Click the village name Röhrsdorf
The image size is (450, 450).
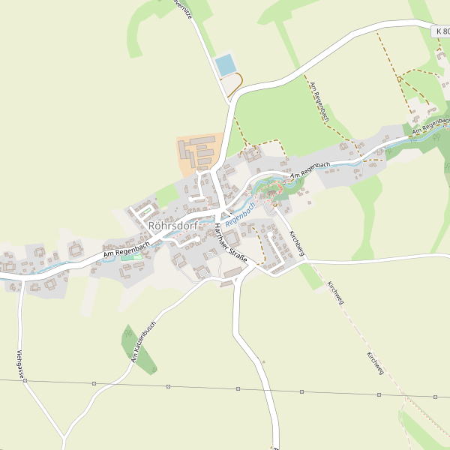(x=173, y=224)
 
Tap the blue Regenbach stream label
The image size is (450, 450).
(x=241, y=214)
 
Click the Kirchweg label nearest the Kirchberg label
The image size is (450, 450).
(x=335, y=292)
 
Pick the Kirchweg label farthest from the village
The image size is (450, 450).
(x=375, y=362)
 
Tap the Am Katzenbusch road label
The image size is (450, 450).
(x=142, y=342)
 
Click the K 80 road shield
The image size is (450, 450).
(x=442, y=31)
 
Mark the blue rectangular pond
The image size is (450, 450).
(x=226, y=65)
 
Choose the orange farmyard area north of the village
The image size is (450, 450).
(x=196, y=154)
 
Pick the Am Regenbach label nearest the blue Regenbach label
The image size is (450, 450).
(x=310, y=169)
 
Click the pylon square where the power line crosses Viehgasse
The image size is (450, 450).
(x=25, y=381)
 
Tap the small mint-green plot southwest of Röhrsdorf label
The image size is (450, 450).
(x=132, y=258)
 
